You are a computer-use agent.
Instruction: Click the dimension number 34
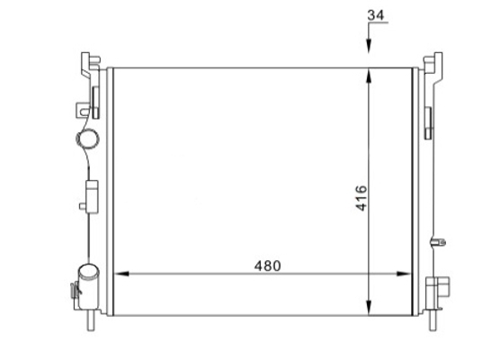tap(376, 15)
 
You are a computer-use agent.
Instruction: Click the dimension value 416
tap(362, 198)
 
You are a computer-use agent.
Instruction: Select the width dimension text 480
tap(268, 265)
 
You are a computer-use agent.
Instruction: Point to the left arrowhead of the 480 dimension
tap(121, 274)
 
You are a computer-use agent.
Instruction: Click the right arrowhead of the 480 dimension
tap(404, 274)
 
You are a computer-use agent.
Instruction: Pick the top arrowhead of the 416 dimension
tap(369, 76)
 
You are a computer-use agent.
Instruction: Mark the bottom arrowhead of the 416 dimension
tap(369, 308)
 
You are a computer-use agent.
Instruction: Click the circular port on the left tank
tap(88, 139)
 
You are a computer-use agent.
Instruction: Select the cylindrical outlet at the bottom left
tap(89, 286)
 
